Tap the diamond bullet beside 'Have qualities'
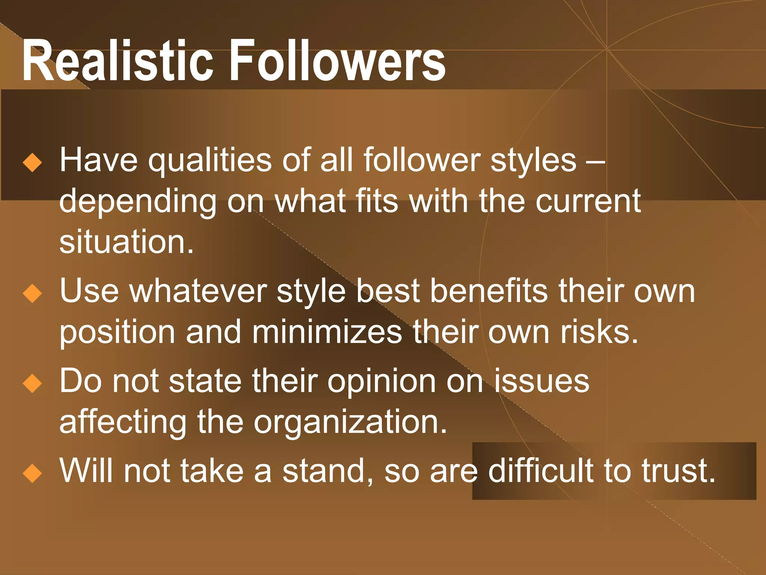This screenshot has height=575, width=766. (33, 162)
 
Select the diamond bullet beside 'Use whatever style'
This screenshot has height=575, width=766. (33, 293)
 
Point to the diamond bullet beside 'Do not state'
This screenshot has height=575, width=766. (33, 383)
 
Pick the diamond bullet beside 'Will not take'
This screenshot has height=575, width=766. (33, 473)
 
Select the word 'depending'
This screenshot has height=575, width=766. (138, 202)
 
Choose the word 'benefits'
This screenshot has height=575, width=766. (488, 291)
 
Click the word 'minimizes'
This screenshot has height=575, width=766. (327, 332)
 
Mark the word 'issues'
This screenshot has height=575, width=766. (542, 381)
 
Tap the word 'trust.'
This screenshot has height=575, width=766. (678, 471)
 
